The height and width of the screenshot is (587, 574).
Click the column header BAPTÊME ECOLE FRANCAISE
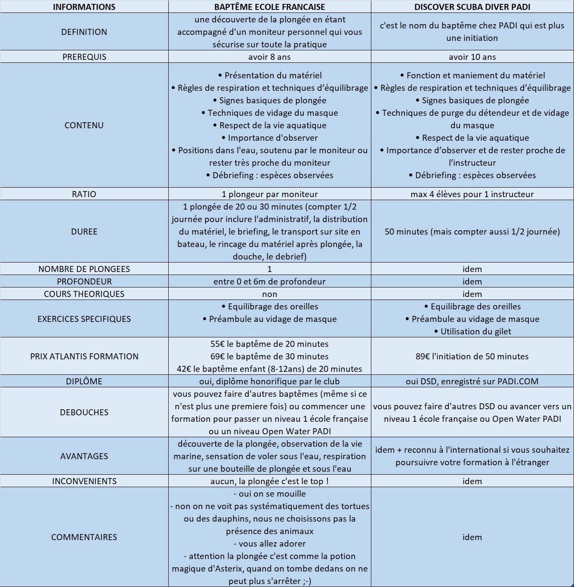(x=269, y=7)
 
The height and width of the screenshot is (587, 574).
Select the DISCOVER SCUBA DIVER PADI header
(x=472, y=7)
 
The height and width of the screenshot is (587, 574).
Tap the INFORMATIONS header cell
(x=84, y=7)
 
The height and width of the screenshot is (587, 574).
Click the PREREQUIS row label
(x=84, y=57)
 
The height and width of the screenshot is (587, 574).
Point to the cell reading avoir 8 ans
(x=269, y=57)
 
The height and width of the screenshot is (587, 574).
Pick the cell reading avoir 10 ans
(x=472, y=57)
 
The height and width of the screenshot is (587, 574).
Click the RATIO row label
(x=84, y=194)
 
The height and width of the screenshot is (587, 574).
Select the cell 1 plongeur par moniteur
(x=269, y=194)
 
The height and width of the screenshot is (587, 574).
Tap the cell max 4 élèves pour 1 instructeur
(x=472, y=194)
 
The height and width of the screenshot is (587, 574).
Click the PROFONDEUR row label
(x=84, y=281)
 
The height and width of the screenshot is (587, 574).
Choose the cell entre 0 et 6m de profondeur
(x=269, y=281)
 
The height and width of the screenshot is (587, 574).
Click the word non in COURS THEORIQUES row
(x=269, y=294)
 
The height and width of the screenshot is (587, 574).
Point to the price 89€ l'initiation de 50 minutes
(x=472, y=356)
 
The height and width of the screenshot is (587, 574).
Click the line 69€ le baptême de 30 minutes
(x=269, y=356)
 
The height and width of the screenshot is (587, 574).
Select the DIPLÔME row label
(x=84, y=381)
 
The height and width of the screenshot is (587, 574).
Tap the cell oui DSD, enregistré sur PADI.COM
(x=472, y=381)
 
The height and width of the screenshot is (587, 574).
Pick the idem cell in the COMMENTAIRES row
(x=472, y=537)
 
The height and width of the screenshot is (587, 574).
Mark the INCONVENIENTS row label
(x=84, y=481)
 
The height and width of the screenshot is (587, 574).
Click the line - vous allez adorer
(x=269, y=544)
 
